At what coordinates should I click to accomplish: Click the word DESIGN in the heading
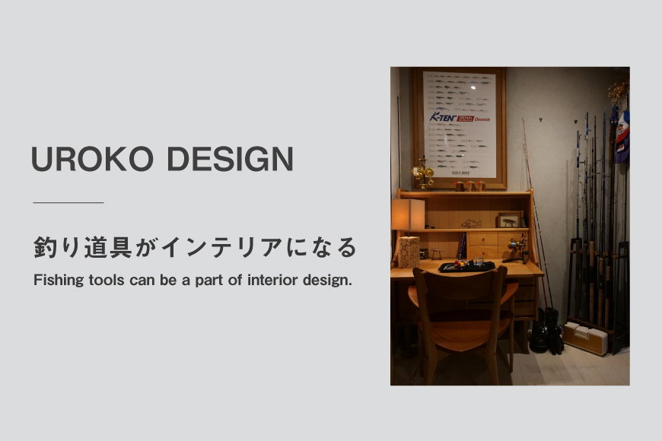click(229, 160)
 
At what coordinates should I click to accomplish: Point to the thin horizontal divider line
click(68, 203)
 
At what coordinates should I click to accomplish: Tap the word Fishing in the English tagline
click(58, 281)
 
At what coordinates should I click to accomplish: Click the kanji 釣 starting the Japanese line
click(44, 248)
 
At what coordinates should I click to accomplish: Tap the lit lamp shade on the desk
click(407, 214)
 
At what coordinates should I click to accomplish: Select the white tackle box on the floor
click(585, 337)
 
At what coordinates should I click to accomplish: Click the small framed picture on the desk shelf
click(509, 220)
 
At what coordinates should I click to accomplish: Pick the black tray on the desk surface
click(467, 265)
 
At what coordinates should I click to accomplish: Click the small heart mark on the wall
click(539, 120)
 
